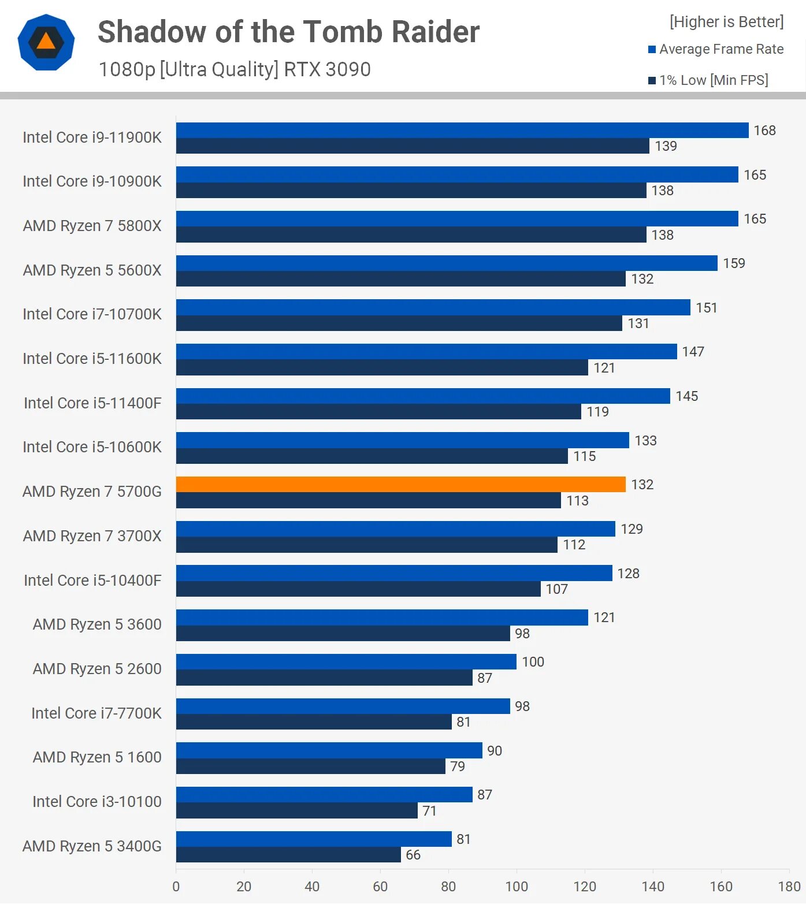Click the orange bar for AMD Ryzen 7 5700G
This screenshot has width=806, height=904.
pos(400,485)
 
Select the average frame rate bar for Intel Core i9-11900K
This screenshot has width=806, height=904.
pos(462,131)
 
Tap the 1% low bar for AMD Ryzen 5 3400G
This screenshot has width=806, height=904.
pos(288,855)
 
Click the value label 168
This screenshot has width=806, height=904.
pos(764,131)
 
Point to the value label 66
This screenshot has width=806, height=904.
pos(413,855)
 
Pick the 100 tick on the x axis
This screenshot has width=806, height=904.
pos(517,887)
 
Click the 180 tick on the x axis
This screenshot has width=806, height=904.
pos(789,887)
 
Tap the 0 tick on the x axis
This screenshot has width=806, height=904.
pos(176,887)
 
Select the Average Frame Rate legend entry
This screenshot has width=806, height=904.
pos(716,50)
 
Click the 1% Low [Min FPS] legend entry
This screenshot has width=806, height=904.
pos(708,80)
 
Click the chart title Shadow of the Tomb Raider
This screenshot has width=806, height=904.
pos(288,32)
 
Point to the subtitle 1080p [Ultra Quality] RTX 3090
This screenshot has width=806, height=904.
pos(235,69)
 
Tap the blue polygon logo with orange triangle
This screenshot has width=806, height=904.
pos(46,42)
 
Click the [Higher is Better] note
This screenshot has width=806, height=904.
pos(726,22)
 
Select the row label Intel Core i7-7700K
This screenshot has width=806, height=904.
pos(96,713)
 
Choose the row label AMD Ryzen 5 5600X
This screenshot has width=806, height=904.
pos(92,270)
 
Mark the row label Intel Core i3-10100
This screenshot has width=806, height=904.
pos(97,802)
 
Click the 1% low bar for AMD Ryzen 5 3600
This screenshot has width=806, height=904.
pos(343,634)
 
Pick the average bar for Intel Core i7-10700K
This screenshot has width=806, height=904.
pos(433,307)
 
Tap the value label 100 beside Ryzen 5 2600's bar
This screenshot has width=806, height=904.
pos(533,662)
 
